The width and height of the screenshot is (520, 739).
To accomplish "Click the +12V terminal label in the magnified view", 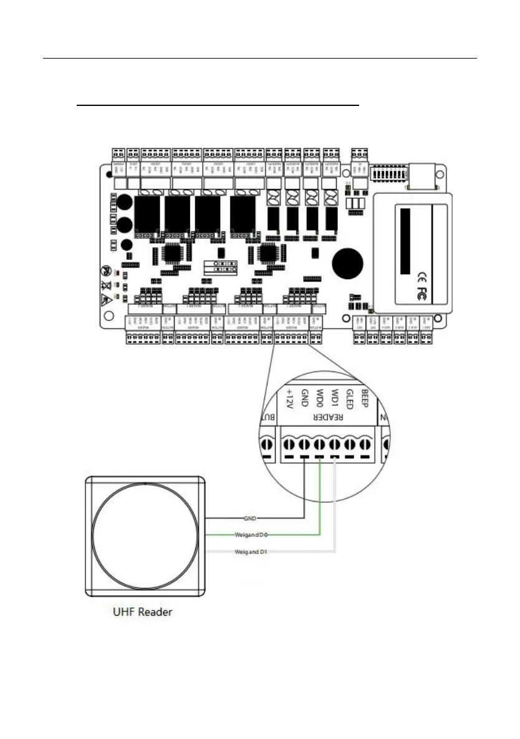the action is (x=289, y=399).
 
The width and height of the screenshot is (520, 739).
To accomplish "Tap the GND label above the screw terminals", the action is (x=305, y=397).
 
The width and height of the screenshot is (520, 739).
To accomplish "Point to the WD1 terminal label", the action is (x=335, y=397).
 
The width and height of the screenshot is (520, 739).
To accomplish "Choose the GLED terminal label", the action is (x=350, y=397).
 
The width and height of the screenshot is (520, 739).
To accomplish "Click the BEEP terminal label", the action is (x=365, y=397).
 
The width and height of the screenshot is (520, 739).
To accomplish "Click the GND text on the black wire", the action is (x=252, y=518).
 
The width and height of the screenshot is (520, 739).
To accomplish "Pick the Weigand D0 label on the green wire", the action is (x=251, y=535).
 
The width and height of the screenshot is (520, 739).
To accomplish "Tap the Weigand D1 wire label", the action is (x=251, y=551).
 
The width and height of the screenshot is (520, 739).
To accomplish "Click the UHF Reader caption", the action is (x=137, y=612).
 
